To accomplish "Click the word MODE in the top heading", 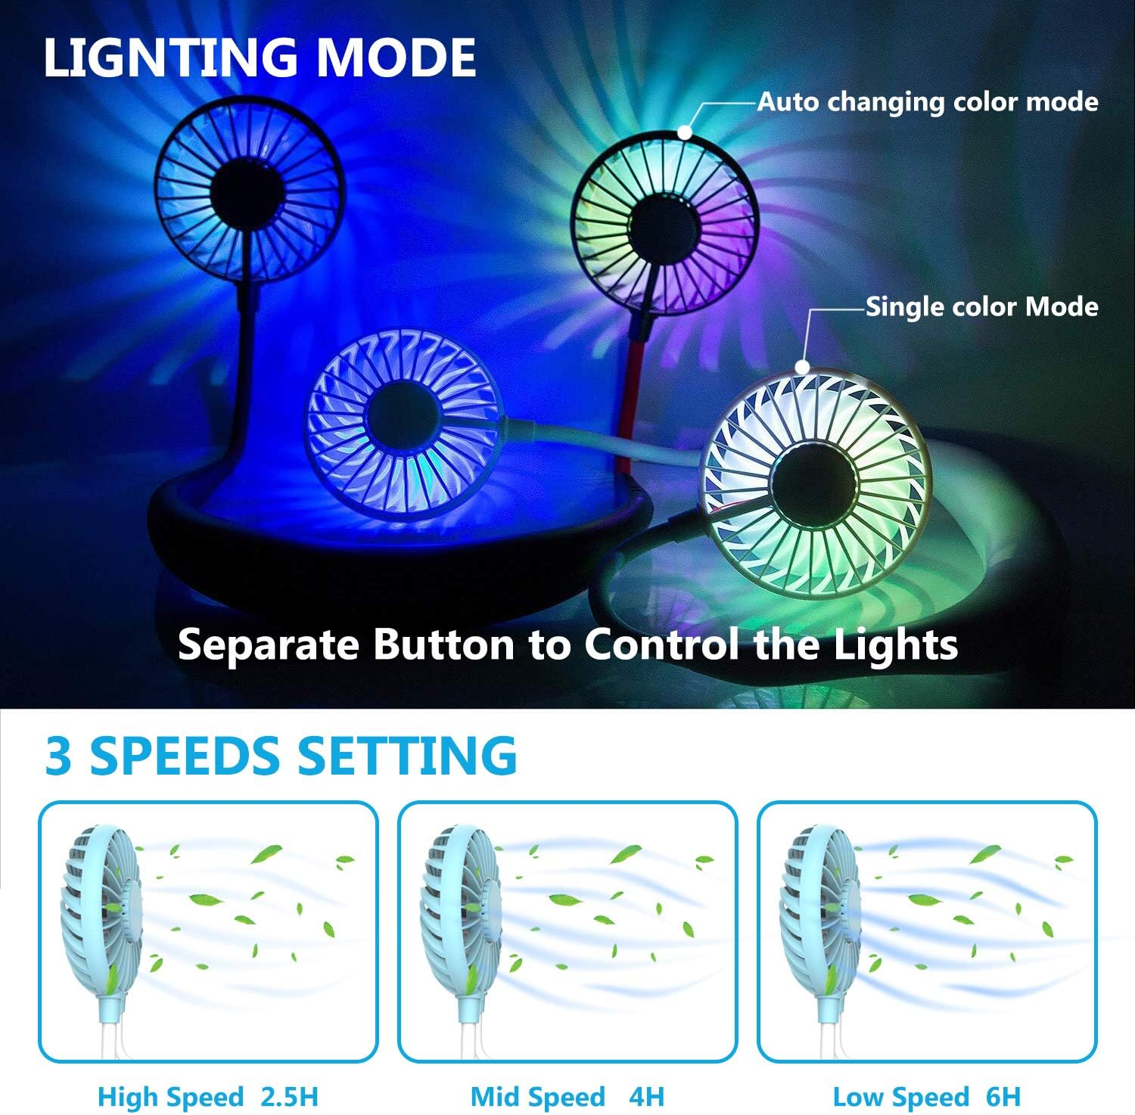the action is point(396,57).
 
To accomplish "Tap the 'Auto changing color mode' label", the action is point(928,101).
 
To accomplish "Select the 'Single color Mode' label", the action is point(982,306).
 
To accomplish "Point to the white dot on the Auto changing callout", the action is point(685,132).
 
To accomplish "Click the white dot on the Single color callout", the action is point(803,368).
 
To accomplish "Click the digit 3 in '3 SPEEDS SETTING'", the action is point(59,755).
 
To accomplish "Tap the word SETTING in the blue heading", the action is point(407,755).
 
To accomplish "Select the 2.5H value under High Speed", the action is point(289,1096).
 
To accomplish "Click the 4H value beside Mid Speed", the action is point(645,1096).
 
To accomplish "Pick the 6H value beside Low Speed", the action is point(1002,1096).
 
